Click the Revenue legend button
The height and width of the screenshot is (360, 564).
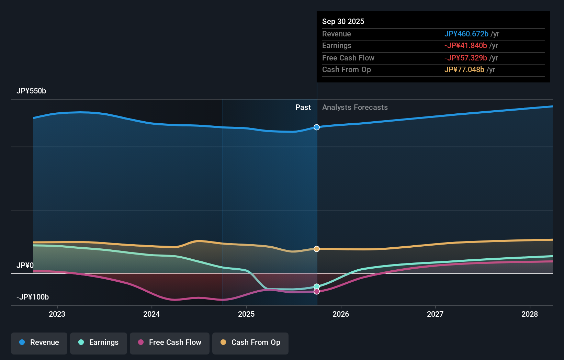[x=39, y=343]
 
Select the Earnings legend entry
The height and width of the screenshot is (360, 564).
[x=99, y=343]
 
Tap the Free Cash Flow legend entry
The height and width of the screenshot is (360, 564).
[x=170, y=343]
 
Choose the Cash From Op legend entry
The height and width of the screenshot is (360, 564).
[x=250, y=343]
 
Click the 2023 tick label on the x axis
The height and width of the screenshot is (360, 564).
[x=57, y=314]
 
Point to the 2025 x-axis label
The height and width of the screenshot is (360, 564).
[x=246, y=314]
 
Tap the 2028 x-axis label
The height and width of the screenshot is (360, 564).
[x=530, y=314]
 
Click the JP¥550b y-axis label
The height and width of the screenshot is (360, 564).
[x=31, y=91]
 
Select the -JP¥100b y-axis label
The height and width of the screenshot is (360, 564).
[x=33, y=297]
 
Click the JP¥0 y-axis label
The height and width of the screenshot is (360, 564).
[x=25, y=266]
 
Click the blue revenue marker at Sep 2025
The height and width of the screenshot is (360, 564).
[x=317, y=127]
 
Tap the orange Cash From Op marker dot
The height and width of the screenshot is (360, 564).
[x=317, y=249]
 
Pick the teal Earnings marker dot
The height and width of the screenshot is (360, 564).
[x=317, y=286]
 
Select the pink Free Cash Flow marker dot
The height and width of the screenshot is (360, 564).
[x=317, y=292]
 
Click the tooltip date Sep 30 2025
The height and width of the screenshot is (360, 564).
[x=343, y=21]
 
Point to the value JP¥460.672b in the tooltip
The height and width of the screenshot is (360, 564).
[x=466, y=34]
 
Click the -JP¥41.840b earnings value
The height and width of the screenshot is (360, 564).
[x=465, y=46]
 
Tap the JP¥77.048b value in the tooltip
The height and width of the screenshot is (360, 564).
[x=464, y=70]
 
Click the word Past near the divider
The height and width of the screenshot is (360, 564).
[x=303, y=108]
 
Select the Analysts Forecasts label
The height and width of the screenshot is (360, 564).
[x=355, y=108]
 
